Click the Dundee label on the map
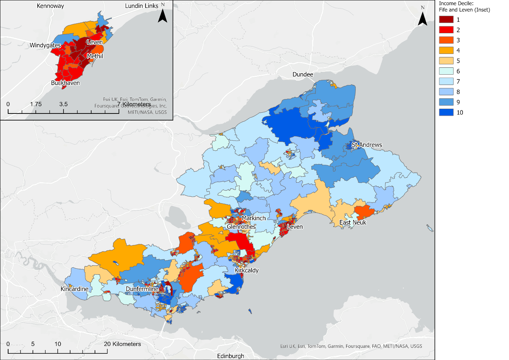pyautogui.click(x=303, y=74)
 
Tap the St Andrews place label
pyautogui.click(x=367, y=145)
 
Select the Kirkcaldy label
pyautogui.click(x=247, y=270)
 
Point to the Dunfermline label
pyautogui.click(x=142, y=289)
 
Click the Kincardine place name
pyautogui.click(x=75, y=289)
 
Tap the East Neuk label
pyautogui.click(x=353, y=222)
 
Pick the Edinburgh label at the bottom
pyautogui.click(x=230, y=356)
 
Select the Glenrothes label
pyautogui.click(x=241, y=227)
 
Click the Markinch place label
pyautogui.click(x=254, y=218)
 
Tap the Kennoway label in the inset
pyautogui.click(x=50, y=6)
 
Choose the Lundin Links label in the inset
pyautogui.click(x=141, y=6)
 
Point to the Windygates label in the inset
pyautogui.click(x=45, y=45)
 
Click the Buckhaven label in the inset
pyautogui.click(x=65, y=83)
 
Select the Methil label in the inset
pyautogui.click(x=95, y=56)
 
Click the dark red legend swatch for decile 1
pyautogui.click(x=446, y=20)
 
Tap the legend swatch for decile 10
pyautogui.click(x=446, y=112)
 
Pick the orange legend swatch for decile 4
pyautogui.click(x=446, y=51)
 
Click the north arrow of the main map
pyautogui.click(x=423, y=17)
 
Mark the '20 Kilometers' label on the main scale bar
pyautogui.click(x=122, y=344)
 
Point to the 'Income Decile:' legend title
pyautogui.click(x=456, y=3)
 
